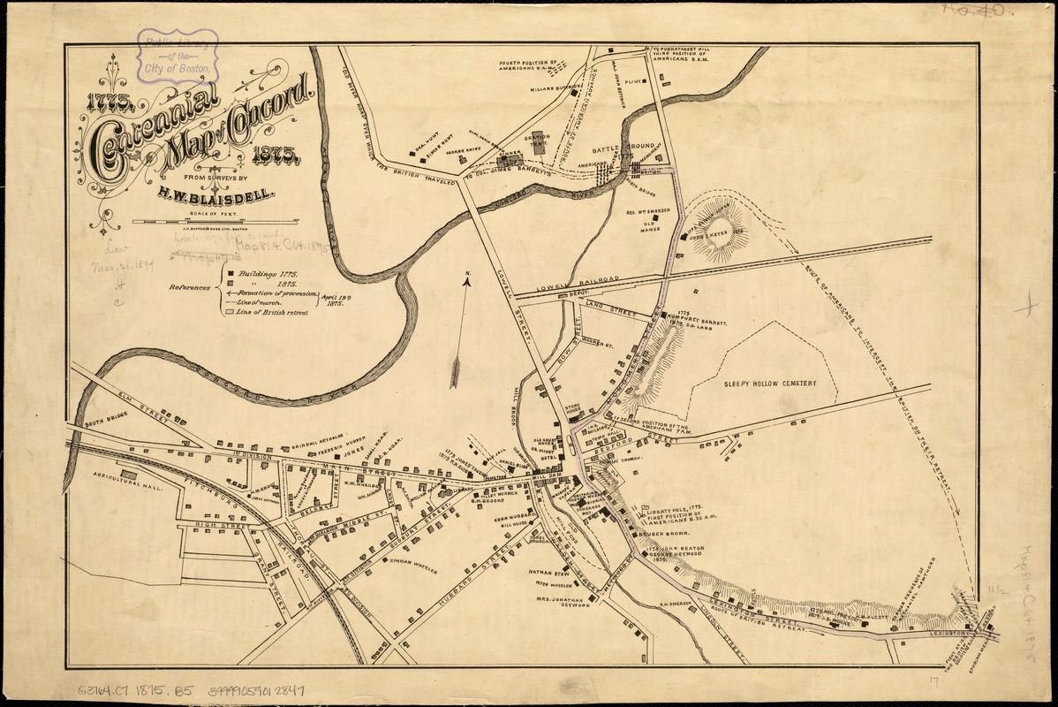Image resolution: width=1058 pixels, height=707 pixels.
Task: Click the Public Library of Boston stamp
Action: point(178,55)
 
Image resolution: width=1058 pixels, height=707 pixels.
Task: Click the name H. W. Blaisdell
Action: point(217,194)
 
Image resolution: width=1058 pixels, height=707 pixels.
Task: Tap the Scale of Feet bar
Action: point(215,222)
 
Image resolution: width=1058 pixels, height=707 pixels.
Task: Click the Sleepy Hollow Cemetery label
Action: point(769,384)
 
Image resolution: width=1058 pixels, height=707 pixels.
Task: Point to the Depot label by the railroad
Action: point(578,292)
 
